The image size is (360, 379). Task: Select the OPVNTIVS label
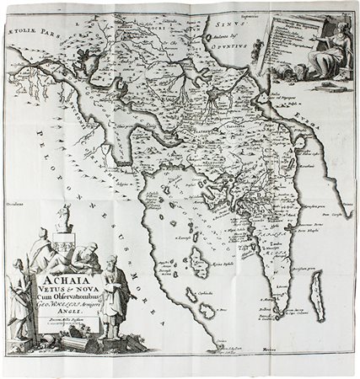point(242,61)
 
